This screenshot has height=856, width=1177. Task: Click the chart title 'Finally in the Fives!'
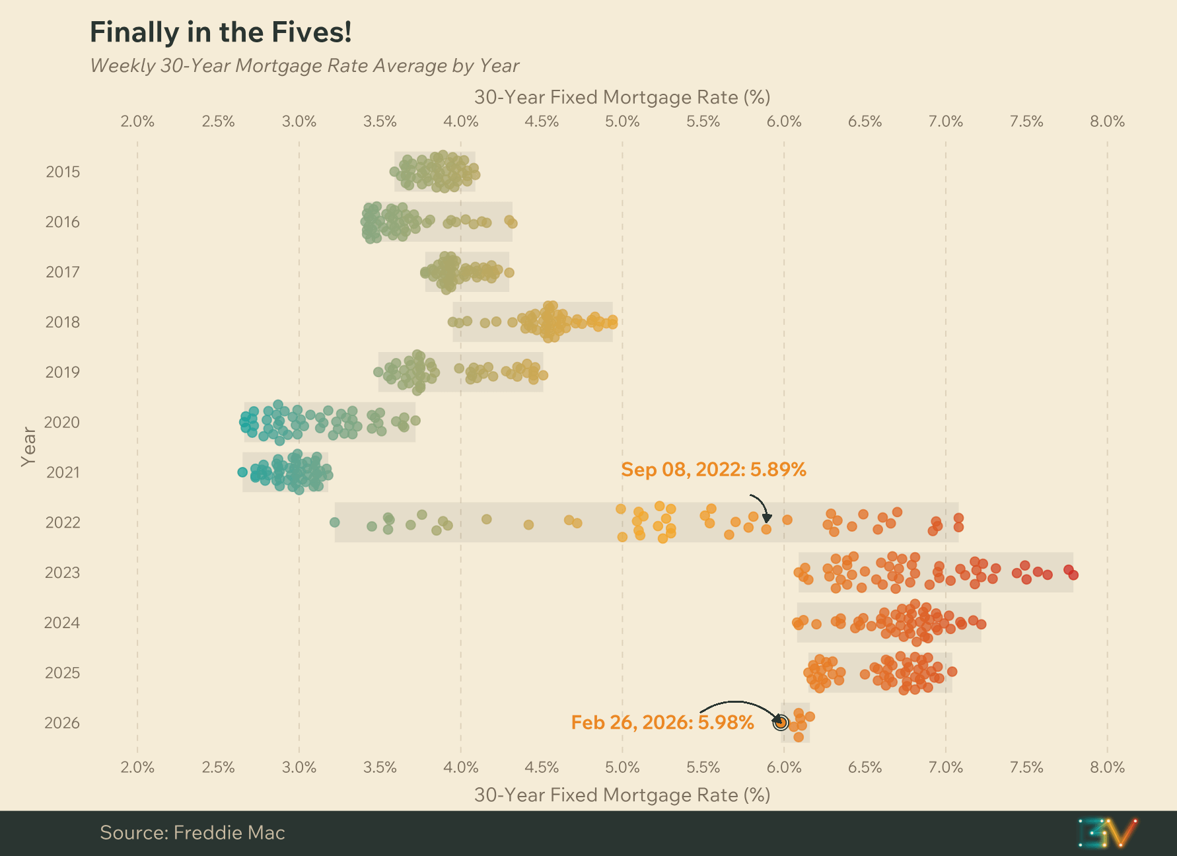click(221, 32)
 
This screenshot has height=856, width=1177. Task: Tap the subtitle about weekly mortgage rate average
click(304, 66)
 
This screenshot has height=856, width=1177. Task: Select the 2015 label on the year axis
click(63, 172)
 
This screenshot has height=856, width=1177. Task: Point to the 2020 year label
click(62, 423)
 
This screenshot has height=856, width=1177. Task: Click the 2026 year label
click(62, 723)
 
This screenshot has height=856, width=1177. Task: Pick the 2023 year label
click(62, 573)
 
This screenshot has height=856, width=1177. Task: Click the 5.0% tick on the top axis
click(622, 122)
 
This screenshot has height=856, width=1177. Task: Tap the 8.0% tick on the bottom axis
click(1107, 767)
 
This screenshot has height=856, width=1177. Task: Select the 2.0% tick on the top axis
click(137, 122)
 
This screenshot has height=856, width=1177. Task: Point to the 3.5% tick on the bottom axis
click(380, 767)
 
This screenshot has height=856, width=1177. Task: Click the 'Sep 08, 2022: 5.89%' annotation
click(713, 470)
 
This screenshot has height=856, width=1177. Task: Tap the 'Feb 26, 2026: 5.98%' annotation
click(662, 723)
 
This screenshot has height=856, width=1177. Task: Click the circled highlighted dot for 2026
click(781, 723)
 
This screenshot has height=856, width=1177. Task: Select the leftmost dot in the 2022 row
click(334, 522)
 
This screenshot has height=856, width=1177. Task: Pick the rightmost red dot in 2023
click(1073, 575)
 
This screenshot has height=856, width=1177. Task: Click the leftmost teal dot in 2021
click(242, 472)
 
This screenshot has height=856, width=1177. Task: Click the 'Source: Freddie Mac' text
click(192, 833)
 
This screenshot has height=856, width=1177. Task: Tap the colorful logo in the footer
click(1107, 833)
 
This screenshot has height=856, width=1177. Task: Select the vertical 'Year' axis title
click(28, 446)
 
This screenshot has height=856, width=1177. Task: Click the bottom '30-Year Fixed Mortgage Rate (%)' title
click(622, 795)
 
